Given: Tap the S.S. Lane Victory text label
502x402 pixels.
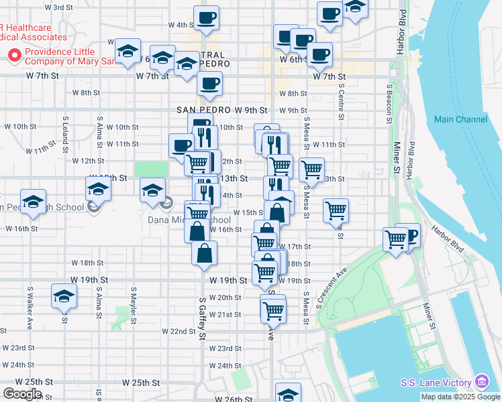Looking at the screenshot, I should (438, 383).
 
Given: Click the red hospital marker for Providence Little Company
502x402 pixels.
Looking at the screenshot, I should (12, 55).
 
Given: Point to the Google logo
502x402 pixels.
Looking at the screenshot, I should (21, 394).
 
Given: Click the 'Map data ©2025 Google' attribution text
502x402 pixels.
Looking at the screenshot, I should (460, 397).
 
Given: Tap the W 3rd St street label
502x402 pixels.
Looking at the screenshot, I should (58, 7).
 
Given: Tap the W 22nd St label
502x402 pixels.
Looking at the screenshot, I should (178, 331).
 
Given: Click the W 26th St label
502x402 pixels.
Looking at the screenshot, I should (233, 399).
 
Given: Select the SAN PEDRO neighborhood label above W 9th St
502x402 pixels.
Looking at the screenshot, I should (203, 110).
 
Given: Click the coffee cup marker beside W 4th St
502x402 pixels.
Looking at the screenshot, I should (207, 18).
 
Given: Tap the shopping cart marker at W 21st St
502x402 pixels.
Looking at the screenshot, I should (273, 310).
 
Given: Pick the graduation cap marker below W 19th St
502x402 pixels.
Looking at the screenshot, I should (64, 295).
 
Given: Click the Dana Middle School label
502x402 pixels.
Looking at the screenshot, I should (189, 220).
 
